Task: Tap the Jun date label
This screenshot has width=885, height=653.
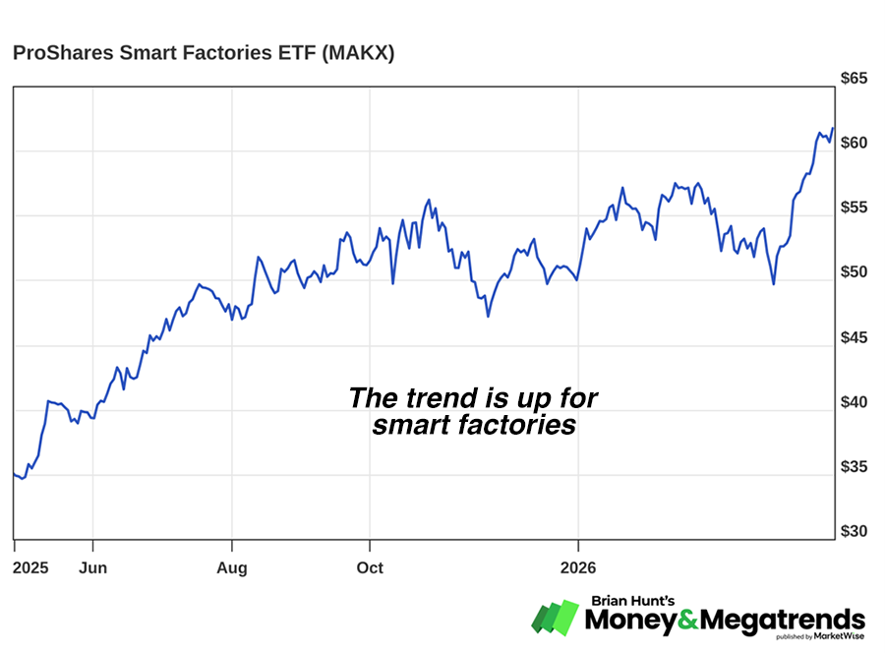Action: tap(92, 568)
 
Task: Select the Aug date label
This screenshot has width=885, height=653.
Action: tap(232, 568)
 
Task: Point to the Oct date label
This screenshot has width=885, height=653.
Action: tap(370, 568)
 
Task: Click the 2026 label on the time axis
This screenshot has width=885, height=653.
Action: tap(578, 568)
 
